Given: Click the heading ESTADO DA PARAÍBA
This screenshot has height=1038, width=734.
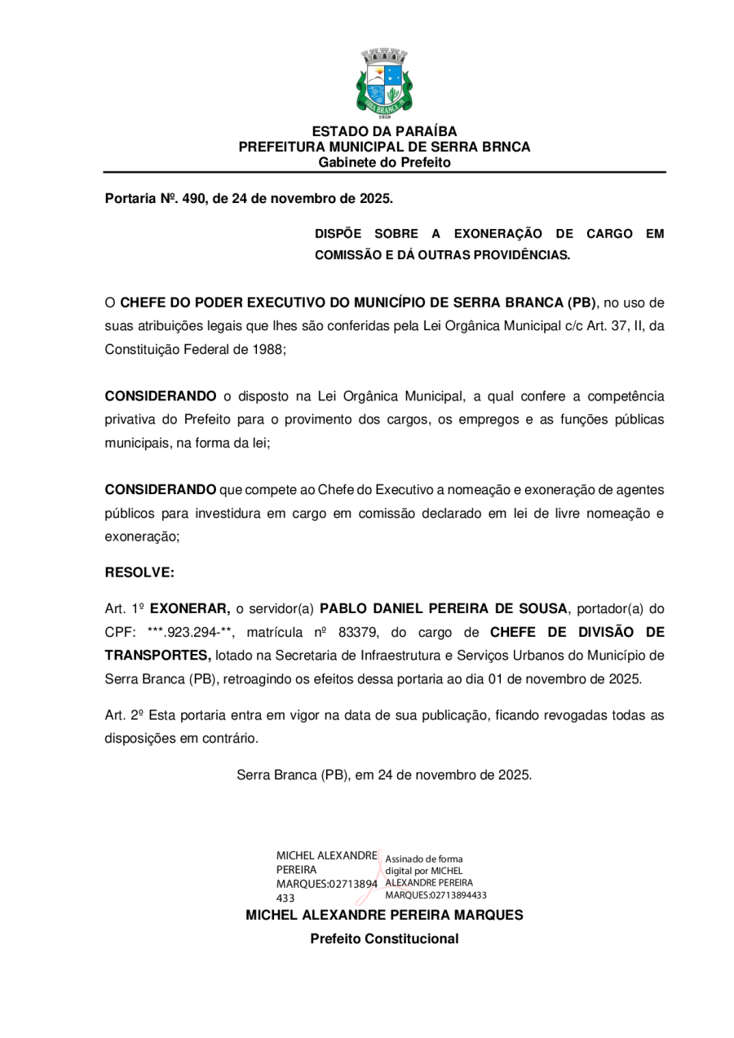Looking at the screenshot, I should [x=384, y=131].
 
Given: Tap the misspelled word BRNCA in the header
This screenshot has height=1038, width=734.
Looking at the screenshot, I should [x=511, y=147].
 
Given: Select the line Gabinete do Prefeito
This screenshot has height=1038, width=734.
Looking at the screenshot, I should [x=384, y=162].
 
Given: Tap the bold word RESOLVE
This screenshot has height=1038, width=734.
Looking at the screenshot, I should [x=139, y=572].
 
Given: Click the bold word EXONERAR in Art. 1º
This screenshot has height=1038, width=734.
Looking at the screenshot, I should [x=190, y=608].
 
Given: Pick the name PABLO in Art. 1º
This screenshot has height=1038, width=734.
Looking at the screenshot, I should [x=343, y=608].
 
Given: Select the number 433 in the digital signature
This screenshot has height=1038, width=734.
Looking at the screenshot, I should [x=287, y=898].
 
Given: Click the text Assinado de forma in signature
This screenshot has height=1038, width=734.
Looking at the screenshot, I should [x=423, y=859].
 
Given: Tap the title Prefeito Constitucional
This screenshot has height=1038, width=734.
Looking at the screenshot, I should [x=384, y=939].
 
